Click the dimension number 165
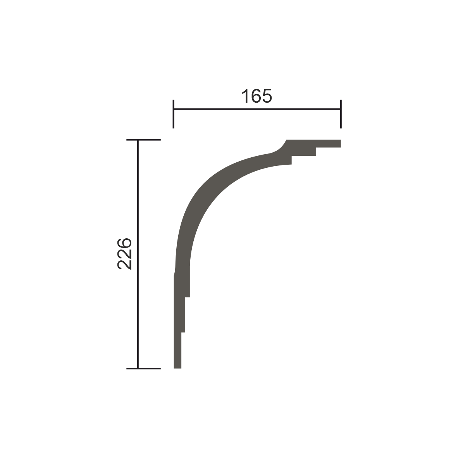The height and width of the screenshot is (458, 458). [257, 96]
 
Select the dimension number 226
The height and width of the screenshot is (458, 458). [124, 254]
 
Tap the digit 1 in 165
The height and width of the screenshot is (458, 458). [245, 96]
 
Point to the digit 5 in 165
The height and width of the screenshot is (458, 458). [267, 96]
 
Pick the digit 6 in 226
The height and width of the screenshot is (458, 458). [124, 244]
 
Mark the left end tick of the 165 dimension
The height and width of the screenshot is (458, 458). [174, 114]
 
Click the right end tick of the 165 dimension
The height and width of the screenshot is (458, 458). [341, 114]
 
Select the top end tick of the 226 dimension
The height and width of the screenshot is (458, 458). [143, 139]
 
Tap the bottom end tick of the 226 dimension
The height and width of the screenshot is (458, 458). [143, 368]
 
